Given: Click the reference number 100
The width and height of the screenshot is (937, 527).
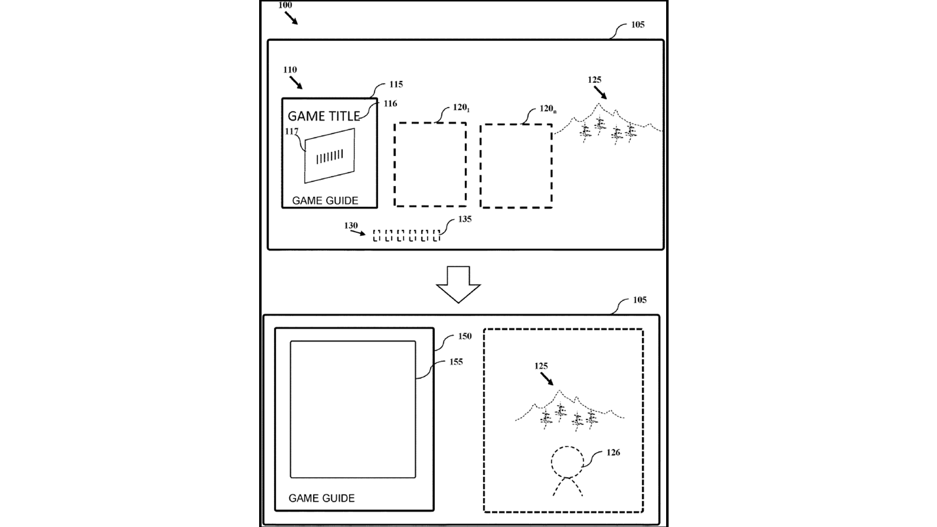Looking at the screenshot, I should click(x=285, y=5).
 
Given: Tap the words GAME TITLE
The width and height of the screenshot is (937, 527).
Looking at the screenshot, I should click(x=324, y=116).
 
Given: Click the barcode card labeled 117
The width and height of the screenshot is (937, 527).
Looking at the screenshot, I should click(x=329, y=156).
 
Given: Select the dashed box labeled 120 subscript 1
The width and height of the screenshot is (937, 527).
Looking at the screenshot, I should click(x=430, y=164).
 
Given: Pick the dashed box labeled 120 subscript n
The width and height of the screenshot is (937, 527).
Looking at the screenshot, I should click(x=516, y=166).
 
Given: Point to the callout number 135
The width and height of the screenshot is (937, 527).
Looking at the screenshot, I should click(x=465, y=219).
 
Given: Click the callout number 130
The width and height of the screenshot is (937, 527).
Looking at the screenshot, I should click(x=351, y=225).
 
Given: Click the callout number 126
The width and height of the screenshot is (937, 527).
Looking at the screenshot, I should click(x=613, y=453).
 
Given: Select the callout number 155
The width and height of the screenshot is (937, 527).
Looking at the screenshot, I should click(x=456, y=362).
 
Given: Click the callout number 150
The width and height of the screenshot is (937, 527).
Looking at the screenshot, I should click(x=465, y=336).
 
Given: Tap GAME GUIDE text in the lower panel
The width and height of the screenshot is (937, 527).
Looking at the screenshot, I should click(x=321, y=498).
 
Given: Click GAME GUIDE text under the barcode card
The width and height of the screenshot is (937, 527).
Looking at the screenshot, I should click(x=325, y=201).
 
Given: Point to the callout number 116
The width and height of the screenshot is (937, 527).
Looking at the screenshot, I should click(x=390, y=103).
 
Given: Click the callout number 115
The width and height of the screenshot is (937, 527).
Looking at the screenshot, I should click(x=396, y=84).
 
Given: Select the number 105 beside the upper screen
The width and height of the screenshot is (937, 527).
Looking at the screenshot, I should click(x=637, y=25).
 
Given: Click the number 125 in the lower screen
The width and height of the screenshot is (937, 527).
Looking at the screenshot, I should click(x=541, y=365).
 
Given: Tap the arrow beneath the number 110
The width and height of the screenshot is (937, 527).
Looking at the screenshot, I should click(x=296, y=82).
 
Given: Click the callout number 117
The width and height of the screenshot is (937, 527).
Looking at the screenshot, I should click(x=291, y=131).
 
